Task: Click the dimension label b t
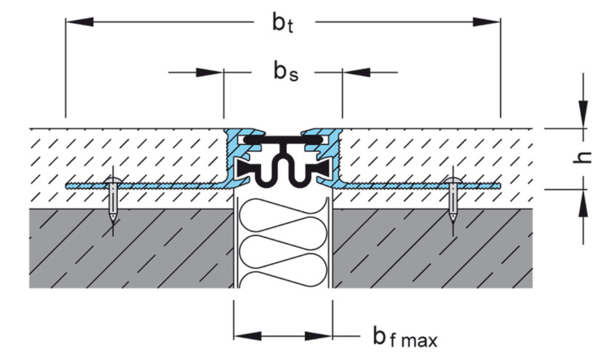click(283, 24)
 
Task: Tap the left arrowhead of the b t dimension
click(78, 22)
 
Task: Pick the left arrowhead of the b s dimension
click(210, 71)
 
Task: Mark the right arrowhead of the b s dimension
click(355, 71)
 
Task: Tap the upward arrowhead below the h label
click(583, 202)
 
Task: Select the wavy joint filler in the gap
click(283, 242)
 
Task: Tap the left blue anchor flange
click(145, 186)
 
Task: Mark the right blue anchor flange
click(419, 186)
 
